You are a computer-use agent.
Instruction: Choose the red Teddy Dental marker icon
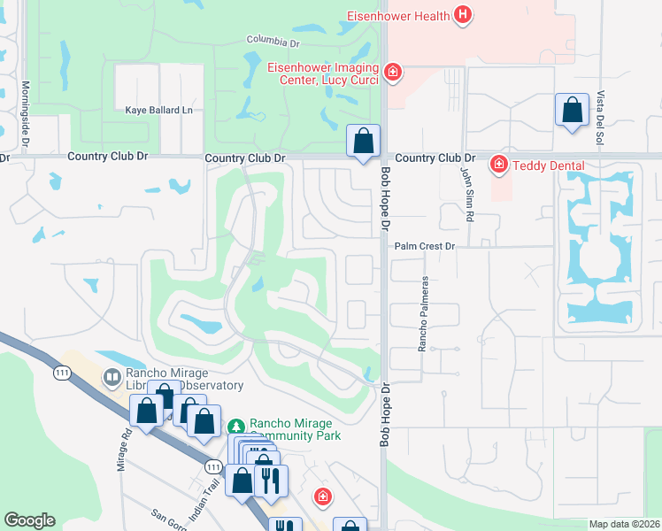click(498, 165)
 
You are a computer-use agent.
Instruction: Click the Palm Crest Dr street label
click(424, 246)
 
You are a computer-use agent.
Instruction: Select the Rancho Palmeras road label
click(423, 313)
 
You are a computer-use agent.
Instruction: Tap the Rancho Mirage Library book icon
click(112, 379)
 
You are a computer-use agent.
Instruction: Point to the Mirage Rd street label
click(125, 450)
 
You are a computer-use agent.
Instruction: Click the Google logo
click(29, 520)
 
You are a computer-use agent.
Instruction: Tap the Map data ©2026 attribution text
click(624, 524)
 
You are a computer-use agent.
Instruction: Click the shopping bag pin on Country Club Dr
click(363, 142)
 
